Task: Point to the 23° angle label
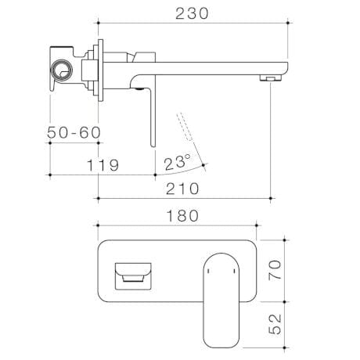(x=178, y=163)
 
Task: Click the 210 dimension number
(x=182, y=189)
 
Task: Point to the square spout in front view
(x=133, y=274)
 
